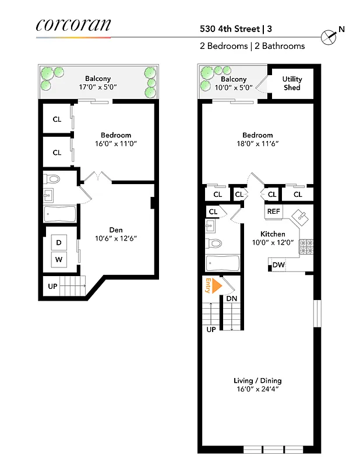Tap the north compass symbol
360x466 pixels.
point(330,36)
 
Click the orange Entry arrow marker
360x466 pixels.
point(217,285)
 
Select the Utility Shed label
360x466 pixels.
point(292,83)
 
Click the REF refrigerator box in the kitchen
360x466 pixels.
point(274,212)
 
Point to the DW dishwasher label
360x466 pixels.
point(278,266)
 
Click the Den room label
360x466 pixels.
point(116,229)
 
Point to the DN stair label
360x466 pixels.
point(231,299)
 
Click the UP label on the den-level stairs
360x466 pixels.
point(52,286)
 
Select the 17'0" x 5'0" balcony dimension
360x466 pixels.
point(98,87)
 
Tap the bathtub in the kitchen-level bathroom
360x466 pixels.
point(222,264)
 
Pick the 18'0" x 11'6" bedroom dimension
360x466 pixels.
point(257,143)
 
